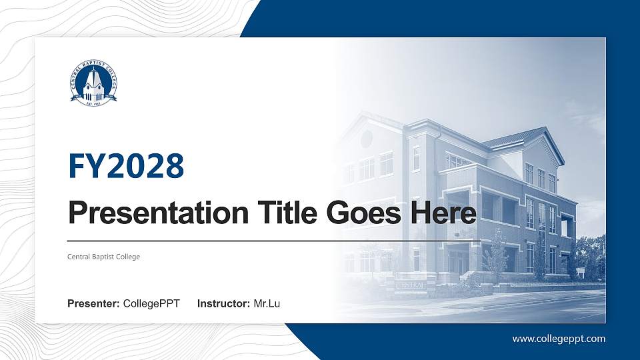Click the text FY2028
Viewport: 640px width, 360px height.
(126, 166)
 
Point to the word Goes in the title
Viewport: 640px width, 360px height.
(366, 213)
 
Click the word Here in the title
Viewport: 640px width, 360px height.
(445, 213)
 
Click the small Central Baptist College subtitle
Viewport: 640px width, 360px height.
(104, 257)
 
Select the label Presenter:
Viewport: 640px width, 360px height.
(93, 304)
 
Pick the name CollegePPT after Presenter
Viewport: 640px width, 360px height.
(151, 304)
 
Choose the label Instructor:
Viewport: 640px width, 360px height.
(224, 304)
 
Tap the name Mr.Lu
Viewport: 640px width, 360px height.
(267, 304)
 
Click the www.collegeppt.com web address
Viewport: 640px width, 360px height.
(559, 339)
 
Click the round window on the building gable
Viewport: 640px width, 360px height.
(367, 139)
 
